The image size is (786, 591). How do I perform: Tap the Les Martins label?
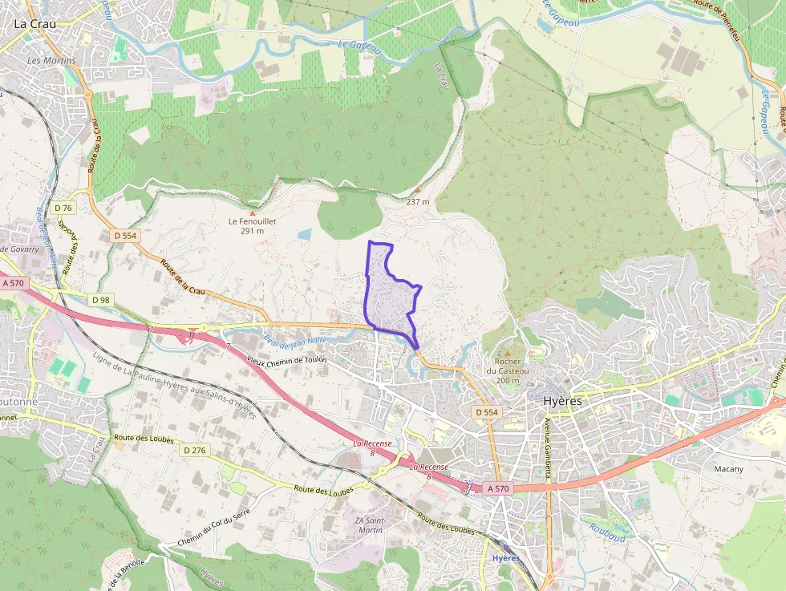51,61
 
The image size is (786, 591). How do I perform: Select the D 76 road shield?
63,208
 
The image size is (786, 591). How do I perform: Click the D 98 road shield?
100,300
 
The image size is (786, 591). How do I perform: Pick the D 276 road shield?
194,450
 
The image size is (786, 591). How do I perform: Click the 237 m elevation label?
418,201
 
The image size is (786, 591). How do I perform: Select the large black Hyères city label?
562,400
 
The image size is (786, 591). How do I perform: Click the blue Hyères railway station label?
506,558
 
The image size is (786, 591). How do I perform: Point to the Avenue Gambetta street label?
549,447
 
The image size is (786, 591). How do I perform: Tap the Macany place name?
729,468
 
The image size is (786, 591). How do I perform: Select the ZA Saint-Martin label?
370,525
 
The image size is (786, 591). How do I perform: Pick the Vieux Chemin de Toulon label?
288,361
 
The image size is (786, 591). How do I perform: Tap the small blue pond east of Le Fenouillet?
305,234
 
